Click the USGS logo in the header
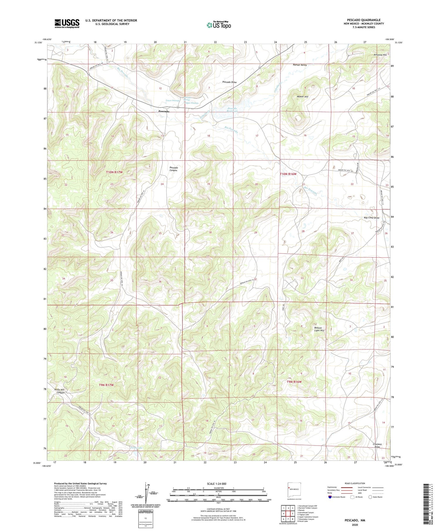(67, 23)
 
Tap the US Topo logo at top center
(219, 25)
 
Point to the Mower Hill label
(302, 96)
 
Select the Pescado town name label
(164, 112)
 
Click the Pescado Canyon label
(174, 169)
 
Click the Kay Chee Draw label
(371, 218)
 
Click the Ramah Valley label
(299, 65)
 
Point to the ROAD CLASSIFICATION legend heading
(355, 483)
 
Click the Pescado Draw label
(229, 82)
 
